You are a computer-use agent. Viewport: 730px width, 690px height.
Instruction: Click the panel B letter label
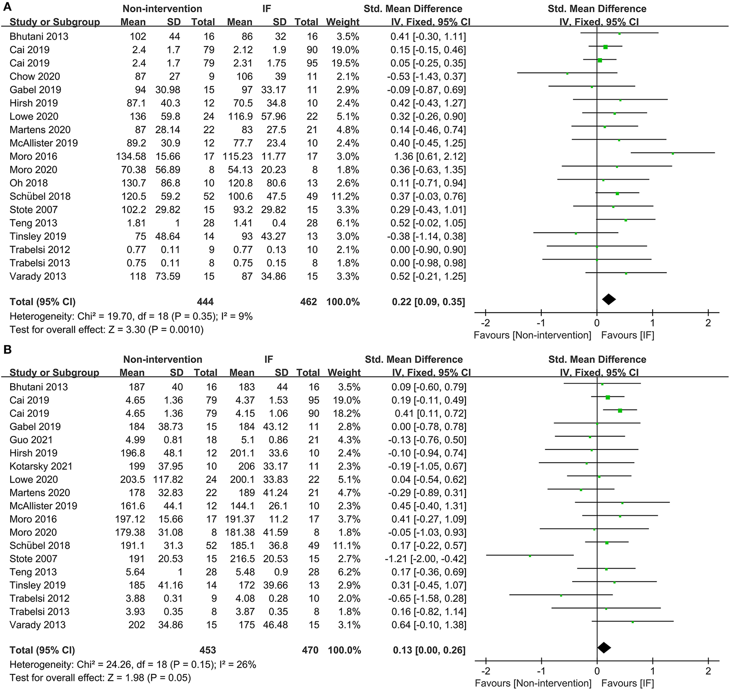[x=7, y=350]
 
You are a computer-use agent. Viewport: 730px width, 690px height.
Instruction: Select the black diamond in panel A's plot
[x=608, y=300]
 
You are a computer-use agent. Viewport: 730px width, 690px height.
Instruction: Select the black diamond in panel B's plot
[x=604, y=648]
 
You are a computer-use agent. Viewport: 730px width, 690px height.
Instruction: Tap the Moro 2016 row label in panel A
[x=33, y=157]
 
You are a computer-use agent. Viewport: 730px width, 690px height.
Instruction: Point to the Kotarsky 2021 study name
[x=41, y=466]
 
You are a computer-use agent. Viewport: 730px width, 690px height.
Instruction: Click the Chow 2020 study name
[x=35, y=77]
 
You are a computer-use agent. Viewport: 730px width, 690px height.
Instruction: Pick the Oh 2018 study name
[x=28, y=183]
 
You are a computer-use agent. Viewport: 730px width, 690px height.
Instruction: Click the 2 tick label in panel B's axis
[x=708, y=671]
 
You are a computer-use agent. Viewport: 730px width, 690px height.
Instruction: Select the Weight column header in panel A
[x=343, y=22]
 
